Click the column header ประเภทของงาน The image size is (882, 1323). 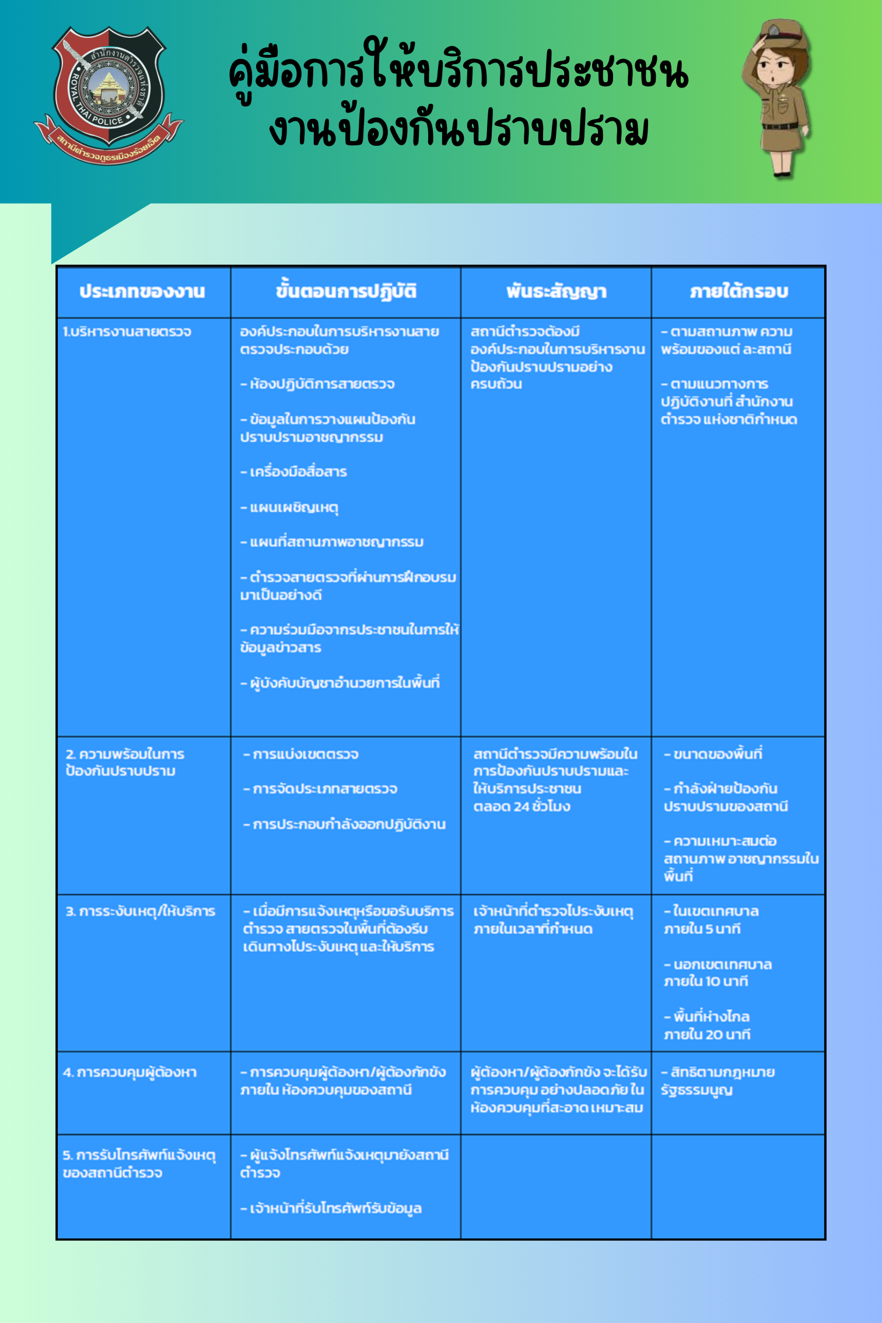[142, 292]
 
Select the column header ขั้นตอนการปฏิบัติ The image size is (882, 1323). [346, 292]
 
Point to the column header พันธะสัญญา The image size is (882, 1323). [556, 292]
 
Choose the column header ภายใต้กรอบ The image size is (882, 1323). [738, 292]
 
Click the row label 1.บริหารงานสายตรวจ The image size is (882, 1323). [127, 332]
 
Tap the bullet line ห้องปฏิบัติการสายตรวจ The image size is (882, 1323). [318, 384]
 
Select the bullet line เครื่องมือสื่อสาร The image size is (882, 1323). [294, 472]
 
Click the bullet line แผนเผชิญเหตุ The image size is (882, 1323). [290, 508]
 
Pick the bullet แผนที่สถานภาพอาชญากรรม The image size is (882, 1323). [332, 542]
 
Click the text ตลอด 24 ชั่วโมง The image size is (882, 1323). [521, 807]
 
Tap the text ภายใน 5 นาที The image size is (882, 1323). [702, 929]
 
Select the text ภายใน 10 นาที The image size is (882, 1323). [706, 982]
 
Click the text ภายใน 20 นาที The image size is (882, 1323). [707, 1035]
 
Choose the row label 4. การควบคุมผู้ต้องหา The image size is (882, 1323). [130, 1073]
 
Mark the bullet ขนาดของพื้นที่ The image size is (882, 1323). [713, 754]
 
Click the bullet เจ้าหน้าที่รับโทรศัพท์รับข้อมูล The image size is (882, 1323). [331, 1208]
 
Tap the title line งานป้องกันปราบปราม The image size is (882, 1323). [459, 129]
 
